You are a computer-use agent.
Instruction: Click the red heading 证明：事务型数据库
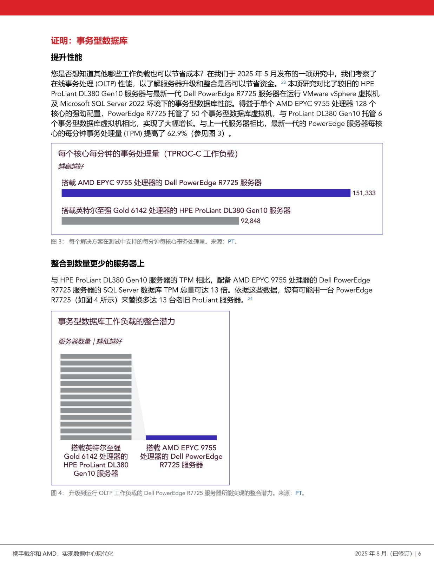click(89, 41)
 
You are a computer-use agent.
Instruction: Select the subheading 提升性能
click(66, 57)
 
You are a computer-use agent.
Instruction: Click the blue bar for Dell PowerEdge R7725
click(206, 193)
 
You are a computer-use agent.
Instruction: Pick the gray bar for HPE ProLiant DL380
click(150, 221)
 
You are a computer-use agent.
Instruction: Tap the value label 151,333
click(364, 193)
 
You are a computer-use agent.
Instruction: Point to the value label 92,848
click(250, 221)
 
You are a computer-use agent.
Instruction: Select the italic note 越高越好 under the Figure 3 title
click(71, 166)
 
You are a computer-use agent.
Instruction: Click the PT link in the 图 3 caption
click(231, 242)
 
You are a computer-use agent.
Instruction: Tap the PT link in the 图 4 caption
click(298, 493)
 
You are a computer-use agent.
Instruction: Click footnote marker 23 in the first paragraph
click(283, 83)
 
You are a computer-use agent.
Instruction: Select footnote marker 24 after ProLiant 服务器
click(250, 299)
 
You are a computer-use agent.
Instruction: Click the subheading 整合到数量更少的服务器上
click(98, 264)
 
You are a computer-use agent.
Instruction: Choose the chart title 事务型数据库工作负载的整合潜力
click(116, 321)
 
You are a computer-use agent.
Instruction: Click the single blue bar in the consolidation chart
click(181, 438)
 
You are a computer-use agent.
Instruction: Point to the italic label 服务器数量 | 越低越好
click(90, 341)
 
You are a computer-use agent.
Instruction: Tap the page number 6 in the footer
click(420, 554)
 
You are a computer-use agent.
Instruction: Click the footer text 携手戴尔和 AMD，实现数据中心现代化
click(63, 554)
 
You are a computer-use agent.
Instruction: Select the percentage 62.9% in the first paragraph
click(177, 133)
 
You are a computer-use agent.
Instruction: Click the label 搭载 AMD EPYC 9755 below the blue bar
click(181, 448)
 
